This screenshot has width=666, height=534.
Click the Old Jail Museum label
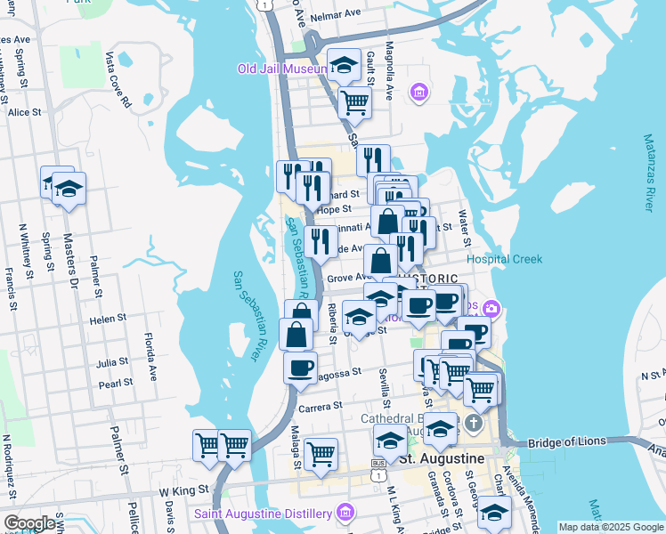point(284,68)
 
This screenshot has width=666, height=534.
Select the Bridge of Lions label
point(566,441)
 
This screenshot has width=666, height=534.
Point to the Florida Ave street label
point(152,354)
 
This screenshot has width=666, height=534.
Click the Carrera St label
point(321,406)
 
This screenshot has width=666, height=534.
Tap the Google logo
point(29,523)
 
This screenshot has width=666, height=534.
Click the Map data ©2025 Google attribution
point(611,527)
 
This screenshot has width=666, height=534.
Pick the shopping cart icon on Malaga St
point(321,454)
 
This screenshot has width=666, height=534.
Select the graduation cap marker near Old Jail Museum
point(344,65)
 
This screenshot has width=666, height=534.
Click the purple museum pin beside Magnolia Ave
point(419,92)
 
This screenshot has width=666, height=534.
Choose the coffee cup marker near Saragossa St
point(300,367)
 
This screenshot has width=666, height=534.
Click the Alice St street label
point(24,112)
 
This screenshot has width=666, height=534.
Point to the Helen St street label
point(108,319)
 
